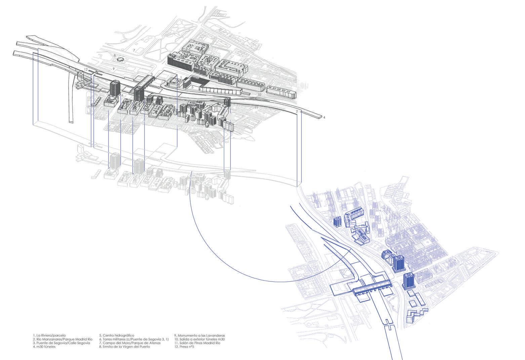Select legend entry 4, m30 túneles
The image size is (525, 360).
pos(44,347)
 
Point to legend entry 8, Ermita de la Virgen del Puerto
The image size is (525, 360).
pos(124,347)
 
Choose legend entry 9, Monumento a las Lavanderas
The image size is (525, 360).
pos(199,335)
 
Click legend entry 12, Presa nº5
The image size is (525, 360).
pos(184,347)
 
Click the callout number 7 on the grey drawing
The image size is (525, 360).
pos(134,50)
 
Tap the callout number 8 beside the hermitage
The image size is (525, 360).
pos(115,55)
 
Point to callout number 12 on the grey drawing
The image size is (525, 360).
pos(86,70)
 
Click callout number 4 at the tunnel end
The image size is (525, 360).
pos(324,118)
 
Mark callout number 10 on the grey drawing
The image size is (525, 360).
pos(259,95)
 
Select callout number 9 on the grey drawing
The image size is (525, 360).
pos(114,69)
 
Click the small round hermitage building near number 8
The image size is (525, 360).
pos(119,59)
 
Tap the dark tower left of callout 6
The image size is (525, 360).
pos(115,88)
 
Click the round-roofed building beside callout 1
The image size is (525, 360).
pos(173,81)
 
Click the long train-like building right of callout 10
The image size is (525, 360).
pos(281,92)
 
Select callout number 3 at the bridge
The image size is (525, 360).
pos(152,74)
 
